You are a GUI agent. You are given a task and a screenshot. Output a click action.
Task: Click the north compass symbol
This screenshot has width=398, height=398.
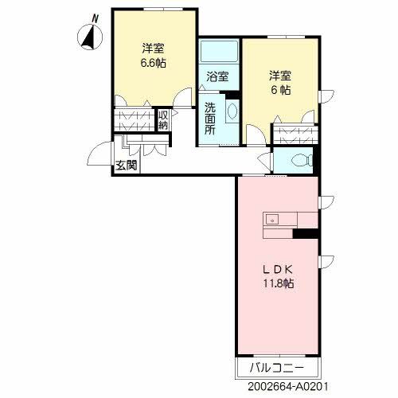(x=91, y=36)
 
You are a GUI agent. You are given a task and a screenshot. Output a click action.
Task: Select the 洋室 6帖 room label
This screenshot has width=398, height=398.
(x=279, y=83)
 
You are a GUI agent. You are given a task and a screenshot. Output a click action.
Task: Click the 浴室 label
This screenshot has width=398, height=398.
(x=217, y=77)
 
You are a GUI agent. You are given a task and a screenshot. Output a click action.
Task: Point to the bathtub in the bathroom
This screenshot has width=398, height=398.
(x=218, y=53)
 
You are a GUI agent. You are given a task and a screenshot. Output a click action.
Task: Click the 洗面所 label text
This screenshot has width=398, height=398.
(x=209, y=119)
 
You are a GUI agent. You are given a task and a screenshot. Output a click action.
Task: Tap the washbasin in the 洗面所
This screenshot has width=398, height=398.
(x=232, y=111)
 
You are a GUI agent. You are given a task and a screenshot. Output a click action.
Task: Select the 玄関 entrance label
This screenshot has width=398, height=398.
(x=126, y=166)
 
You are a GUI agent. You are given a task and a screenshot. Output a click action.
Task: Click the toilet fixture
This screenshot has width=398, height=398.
(x=301, y=160)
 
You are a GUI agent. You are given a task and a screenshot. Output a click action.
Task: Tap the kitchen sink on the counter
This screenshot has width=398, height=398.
(x=271, y=218)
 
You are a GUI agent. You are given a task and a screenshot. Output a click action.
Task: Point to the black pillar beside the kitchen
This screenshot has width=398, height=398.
(x=306, y=233)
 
